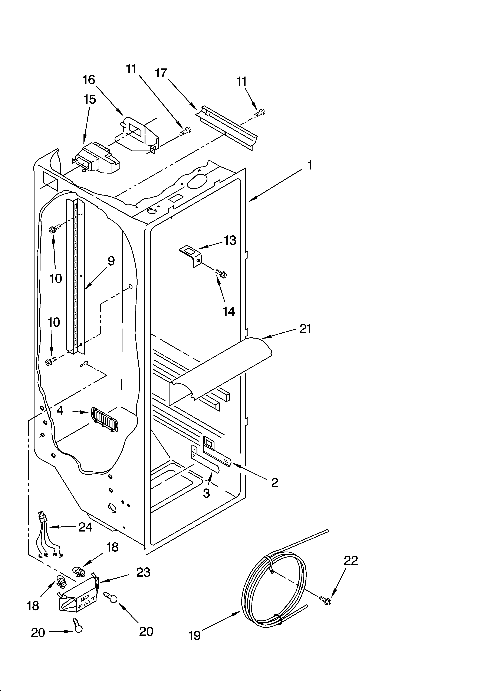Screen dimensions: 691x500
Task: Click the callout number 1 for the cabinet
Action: pyautogui.click(x=310, y=165)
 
